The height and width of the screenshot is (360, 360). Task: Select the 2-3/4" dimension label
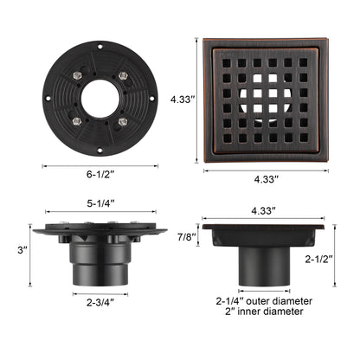(x=99, y=303)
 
